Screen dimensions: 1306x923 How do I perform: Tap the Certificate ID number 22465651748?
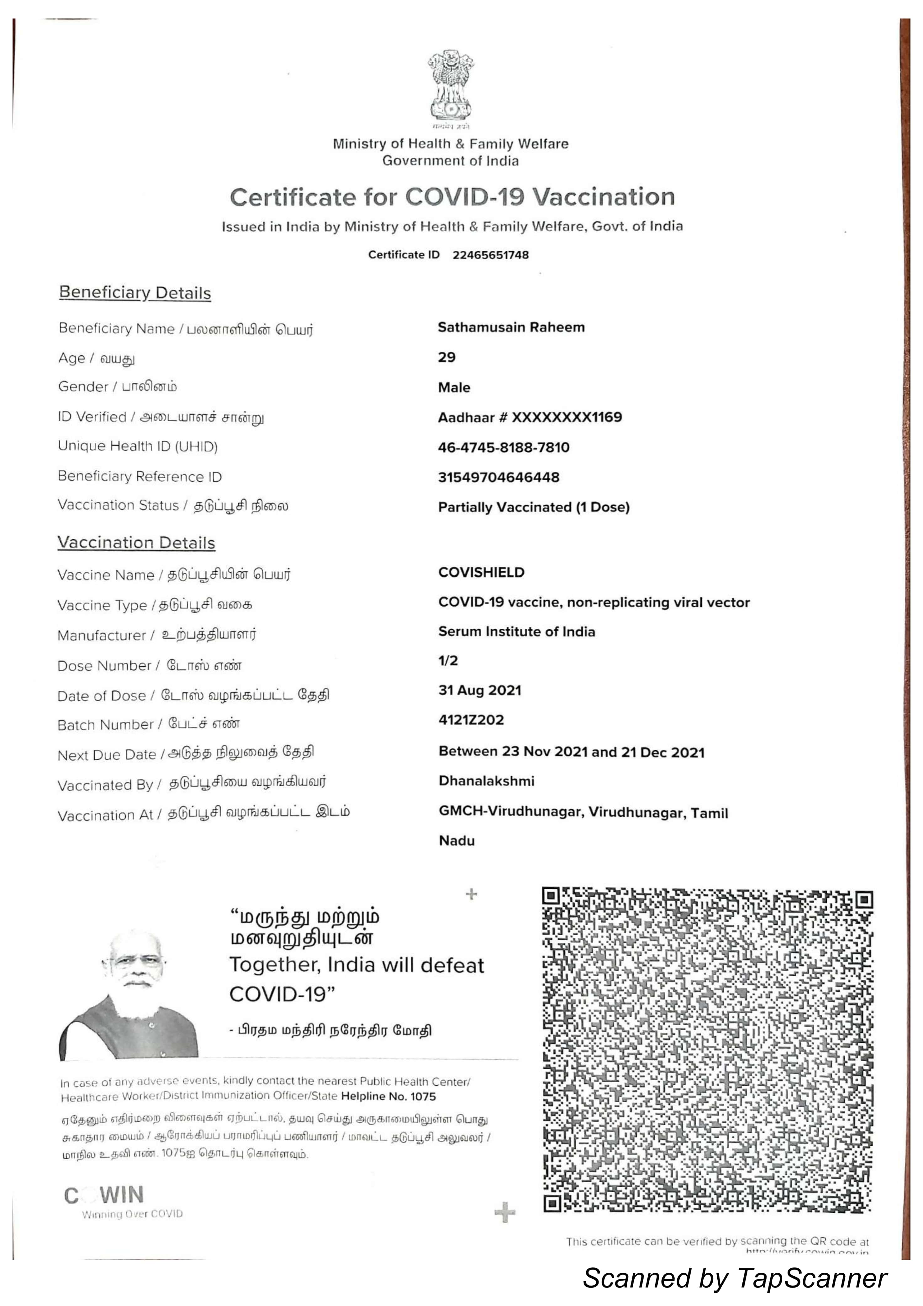coord(491,255)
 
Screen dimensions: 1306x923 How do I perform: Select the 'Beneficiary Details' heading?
coord(135,293)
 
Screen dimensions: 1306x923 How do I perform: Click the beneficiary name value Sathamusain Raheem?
coord(511,327)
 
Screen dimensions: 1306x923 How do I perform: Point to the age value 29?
coord(447,357)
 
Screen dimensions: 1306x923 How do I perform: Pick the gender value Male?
coord(454,387)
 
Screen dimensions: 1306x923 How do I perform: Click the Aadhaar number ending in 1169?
coord(530,417)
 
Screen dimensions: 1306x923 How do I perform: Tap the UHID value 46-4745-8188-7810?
coord(504,447)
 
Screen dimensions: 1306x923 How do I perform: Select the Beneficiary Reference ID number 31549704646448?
coord(498,477)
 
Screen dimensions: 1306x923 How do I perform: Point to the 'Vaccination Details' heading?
coord(136,543)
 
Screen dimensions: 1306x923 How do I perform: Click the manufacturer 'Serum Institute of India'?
coord(517,632)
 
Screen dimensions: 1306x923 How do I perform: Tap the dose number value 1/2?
coord(448,660)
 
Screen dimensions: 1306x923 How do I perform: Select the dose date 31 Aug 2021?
coord(480,690)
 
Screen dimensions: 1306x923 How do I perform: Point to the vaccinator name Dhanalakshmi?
coord(487,781)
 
